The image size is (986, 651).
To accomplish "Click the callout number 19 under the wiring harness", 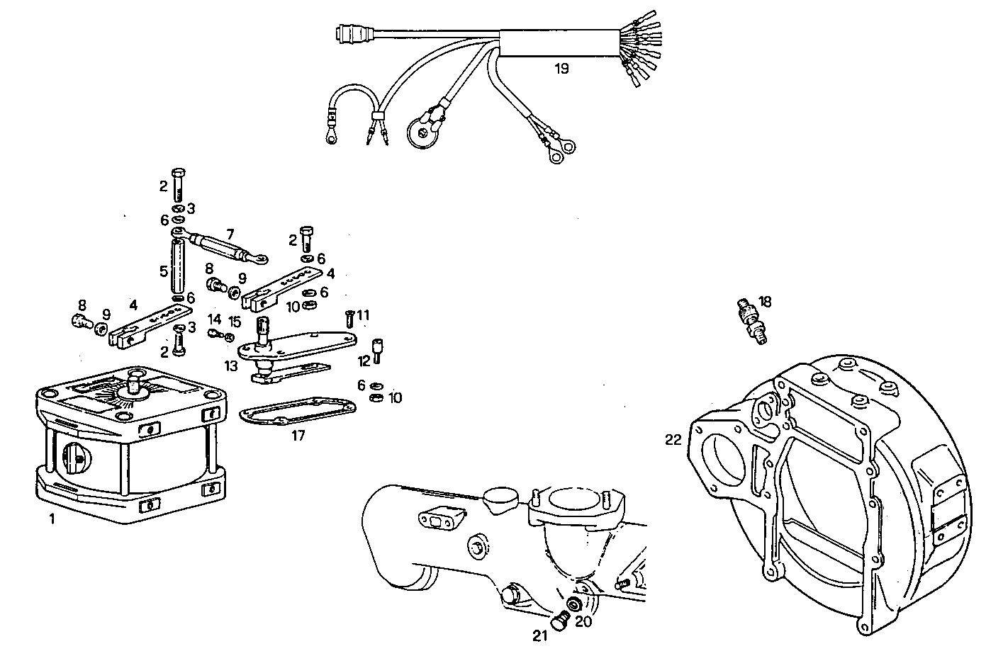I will coord(561,69).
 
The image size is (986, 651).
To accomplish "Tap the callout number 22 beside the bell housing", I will coord(673,440).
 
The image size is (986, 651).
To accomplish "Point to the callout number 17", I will coord(298,436).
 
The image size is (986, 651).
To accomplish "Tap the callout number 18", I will coord(766,300).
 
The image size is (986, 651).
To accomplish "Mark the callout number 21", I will coord(540,635).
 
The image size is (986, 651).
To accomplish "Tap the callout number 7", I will coord(230,233).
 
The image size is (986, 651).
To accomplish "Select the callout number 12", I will coord(364,361).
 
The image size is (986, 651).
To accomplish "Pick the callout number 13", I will coord(231,366).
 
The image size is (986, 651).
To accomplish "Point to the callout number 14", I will coord(215,319).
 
